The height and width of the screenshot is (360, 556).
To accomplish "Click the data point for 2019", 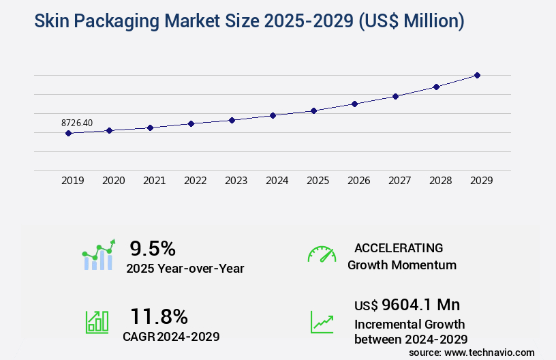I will (x=68, y=133).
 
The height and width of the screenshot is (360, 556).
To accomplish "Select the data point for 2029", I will (x=477, y=75).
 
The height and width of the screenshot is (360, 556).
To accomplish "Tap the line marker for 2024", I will (x=273, y=115).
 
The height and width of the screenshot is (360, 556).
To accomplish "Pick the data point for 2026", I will (x=354, y=104).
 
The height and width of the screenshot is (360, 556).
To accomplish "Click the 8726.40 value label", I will (x=77, y=123).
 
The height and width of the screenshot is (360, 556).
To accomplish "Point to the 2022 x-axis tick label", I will (x=196, y=181).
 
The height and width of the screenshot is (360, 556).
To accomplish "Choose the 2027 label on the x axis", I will (x=400, y=181).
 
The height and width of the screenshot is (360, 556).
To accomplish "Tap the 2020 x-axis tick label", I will (x=114, y=181).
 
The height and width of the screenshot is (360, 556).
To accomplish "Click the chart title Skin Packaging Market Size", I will (x=239, y=21).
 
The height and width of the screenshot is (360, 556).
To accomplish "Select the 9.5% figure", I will (x=153, y=248).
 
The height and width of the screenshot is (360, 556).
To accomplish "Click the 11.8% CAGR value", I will (x=159, y=316).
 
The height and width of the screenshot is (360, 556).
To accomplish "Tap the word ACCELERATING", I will (x=399, y=247).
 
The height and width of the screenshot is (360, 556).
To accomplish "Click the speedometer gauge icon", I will (x=322, y=254).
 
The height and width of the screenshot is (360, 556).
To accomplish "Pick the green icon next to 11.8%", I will (x=96, y=322).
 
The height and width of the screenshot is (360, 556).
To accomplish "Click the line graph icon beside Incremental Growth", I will (x=322, y=322).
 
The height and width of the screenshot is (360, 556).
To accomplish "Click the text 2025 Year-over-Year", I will (x=185, y=269).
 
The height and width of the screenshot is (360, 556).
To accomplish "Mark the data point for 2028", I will (x=436, y=87).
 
